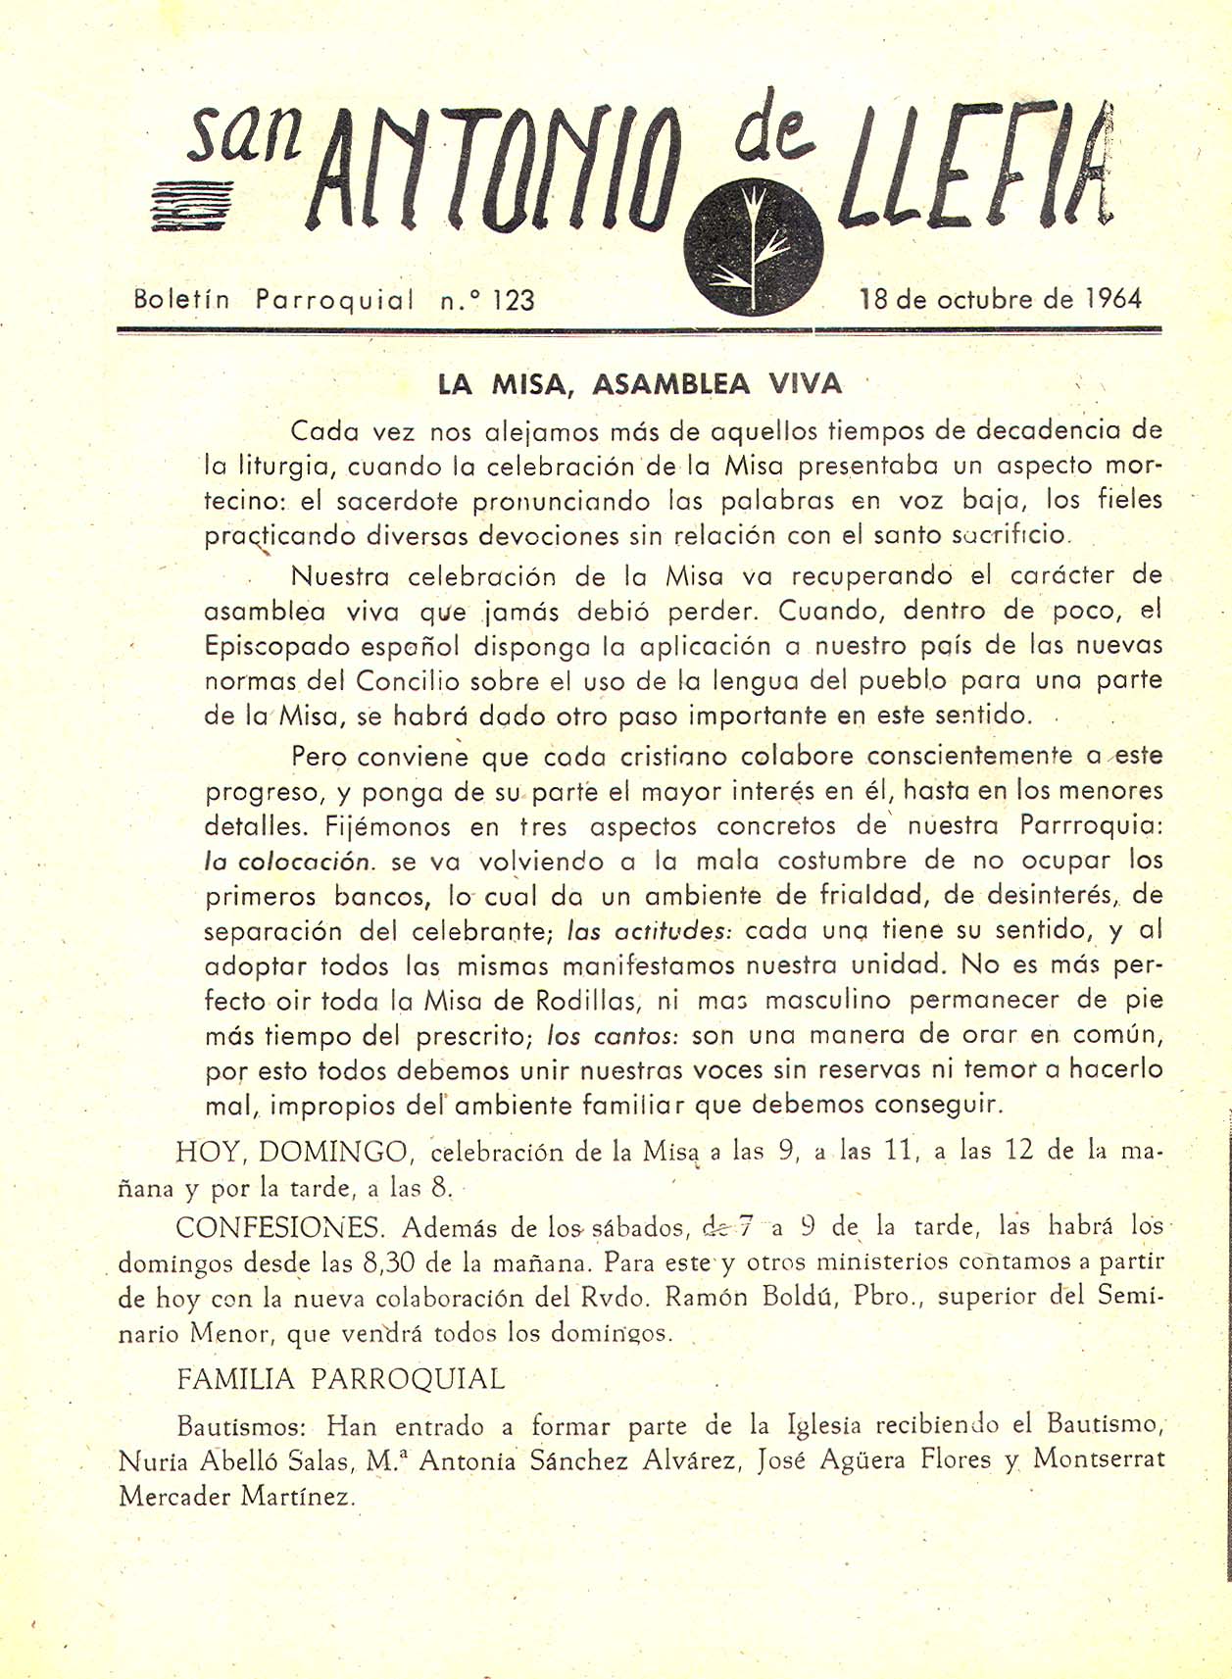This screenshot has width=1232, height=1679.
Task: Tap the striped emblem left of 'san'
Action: [192, 204]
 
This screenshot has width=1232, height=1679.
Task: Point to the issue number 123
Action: [514, 300]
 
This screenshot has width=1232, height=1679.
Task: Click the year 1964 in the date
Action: [1113, 298]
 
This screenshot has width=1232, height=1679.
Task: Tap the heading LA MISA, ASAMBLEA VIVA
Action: [640, 384]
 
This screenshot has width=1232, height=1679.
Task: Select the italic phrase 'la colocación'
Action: [288, 863]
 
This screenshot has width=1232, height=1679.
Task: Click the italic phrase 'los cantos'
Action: [613, 1036]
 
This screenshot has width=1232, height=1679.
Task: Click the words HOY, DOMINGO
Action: [292, 1151]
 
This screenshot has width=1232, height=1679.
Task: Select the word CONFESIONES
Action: [280, 1227]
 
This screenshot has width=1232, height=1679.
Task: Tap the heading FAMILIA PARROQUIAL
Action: [340, 1379]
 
